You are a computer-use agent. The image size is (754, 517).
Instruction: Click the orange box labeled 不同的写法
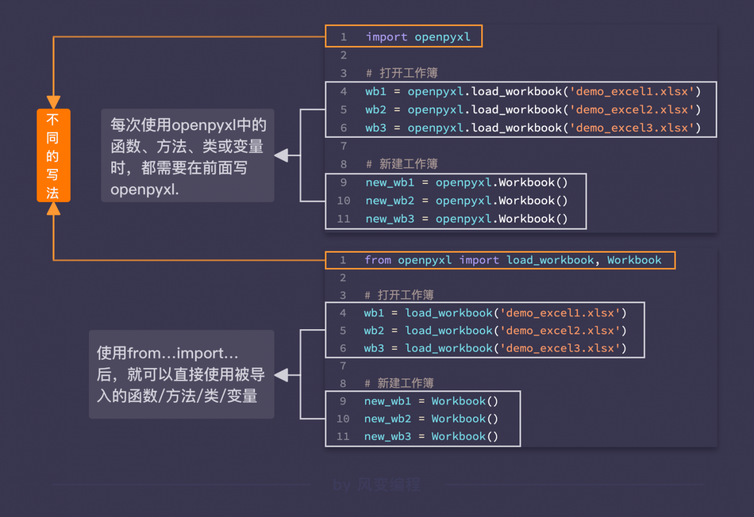[x=54, y=155]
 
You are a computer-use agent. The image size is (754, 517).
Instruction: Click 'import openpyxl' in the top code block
[x=418, y=37]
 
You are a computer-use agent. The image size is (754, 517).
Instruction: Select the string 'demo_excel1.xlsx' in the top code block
[x=632, y=91]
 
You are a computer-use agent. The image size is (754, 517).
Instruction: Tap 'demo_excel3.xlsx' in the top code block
[x=632, y=128]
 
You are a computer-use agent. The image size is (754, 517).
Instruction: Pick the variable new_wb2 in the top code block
[x=390, y=201]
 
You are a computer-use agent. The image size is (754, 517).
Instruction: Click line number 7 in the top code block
[x=343, y=146]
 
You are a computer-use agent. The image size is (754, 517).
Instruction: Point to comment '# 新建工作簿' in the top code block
[x=402, y=164]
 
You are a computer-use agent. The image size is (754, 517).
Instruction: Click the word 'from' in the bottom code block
[x=378, y=260]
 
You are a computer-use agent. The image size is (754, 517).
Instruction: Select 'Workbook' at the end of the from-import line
[x=634, y=260]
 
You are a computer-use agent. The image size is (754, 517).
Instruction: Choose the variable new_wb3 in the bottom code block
[x=388, y=436]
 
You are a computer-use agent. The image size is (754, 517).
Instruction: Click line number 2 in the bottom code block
[x=343, y=278]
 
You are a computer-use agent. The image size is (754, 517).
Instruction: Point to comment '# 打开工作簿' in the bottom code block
[x=399, y=295]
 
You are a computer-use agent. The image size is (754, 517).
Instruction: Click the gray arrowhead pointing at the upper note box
[x=282, y=155]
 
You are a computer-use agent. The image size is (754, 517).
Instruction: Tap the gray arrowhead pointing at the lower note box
[x=282, y=375]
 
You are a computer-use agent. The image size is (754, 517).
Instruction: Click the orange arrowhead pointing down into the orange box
[x=54, y=102]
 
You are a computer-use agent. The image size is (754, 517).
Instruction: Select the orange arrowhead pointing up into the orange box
[x=54, y=208]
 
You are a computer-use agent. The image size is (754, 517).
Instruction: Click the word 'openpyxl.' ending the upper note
[x=145, y=190]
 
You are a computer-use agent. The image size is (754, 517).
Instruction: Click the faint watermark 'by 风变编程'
[x=376, y=485]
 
